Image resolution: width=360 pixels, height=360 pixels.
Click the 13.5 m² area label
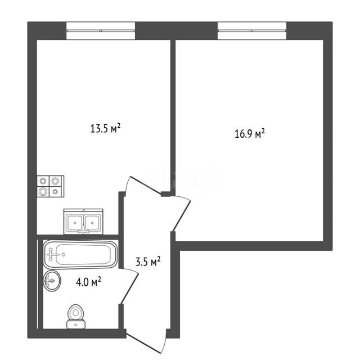pos(105,128)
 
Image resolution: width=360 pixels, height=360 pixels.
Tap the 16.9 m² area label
pos(250,134)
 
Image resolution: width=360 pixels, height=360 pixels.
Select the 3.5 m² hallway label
pos(148,262)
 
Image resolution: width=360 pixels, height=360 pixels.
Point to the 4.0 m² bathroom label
pos(89,281)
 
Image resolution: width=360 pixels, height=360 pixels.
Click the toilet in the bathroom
pos(76,317)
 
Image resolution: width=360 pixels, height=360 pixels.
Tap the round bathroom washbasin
pos(52,281)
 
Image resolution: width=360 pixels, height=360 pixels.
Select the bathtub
pos(80,254)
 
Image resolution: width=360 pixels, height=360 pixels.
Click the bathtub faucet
pos(52,254)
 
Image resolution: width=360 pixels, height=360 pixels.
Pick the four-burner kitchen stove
pos(51,186)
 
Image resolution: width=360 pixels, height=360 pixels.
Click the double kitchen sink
pos(83,222)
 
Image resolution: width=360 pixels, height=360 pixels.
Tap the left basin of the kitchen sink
pos(74,223)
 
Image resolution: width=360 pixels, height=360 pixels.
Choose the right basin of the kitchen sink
pos(92,223)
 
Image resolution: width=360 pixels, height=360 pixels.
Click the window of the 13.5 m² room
pos(101,31)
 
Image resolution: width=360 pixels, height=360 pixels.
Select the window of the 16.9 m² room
pos(252,31)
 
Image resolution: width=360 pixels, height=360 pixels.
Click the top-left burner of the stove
pos(43,181)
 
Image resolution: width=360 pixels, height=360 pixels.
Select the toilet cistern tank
pos(76,325)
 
